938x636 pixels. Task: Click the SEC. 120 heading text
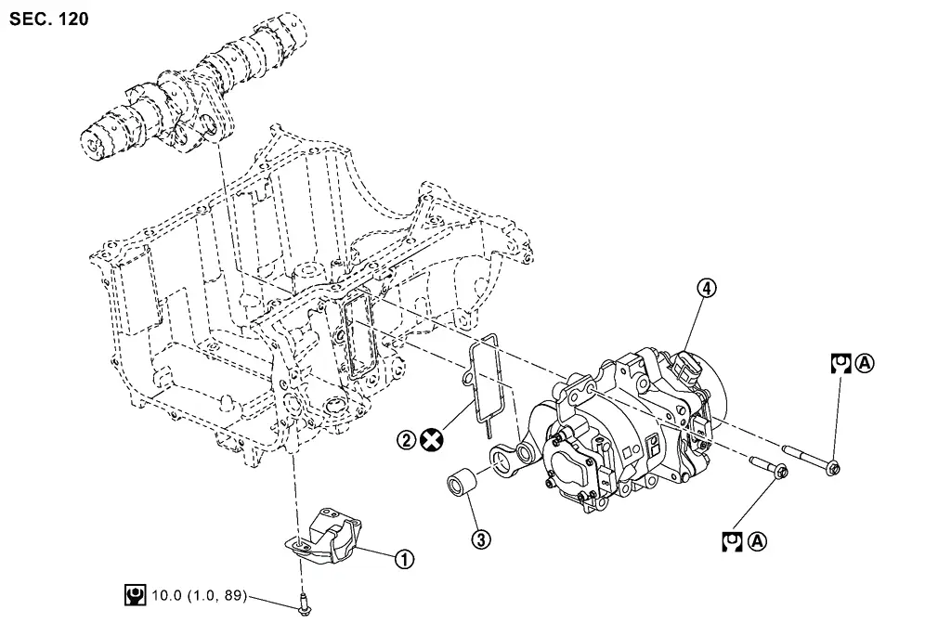click(x=49, y=19)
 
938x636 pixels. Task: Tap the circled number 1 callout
click(x=404, y=560)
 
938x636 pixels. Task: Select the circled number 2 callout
click(x=406, y=440)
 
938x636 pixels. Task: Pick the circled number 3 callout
click(x=481, y=539)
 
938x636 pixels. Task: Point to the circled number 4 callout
click(x=707, y=289)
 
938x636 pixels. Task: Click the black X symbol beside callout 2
click(x=431, y=440)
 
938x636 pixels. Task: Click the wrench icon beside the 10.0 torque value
click(x=136, y=595)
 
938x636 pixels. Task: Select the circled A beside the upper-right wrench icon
click(x=865, y=363)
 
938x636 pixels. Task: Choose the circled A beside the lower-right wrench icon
click(x=757, y=541)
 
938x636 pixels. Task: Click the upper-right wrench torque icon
click(x=841, y=363)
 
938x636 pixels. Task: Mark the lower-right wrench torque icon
click(x=732, y=541)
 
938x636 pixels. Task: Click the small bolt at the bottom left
click(x=304, y=604)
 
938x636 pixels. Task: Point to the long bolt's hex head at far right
click(x=833, y=467)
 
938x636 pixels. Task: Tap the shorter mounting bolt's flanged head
click(x=780, y=471)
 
